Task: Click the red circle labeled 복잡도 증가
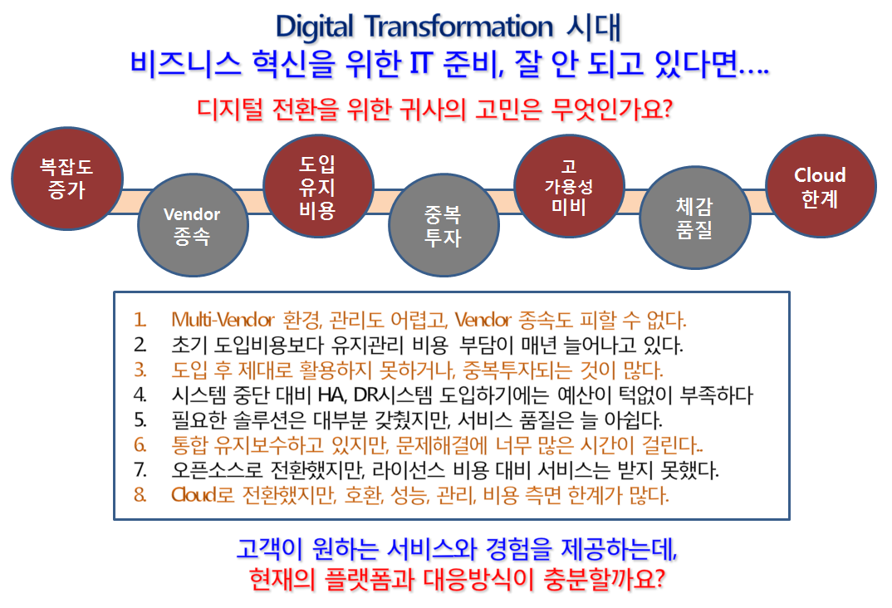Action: tap(67, 179)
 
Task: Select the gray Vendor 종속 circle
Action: tap(193, 225)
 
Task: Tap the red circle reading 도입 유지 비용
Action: tap(318, 187)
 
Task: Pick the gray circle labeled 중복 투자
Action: tap(444, 225)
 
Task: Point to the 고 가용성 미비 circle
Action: tap(569, 187)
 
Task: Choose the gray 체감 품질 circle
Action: tap(694, 218)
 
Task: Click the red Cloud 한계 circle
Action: tap(821, 187)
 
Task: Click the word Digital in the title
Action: tap(315, 27)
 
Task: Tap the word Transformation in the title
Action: tap(458, 27)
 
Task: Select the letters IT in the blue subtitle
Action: tap(422, 63)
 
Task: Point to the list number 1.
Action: tap(140, 320)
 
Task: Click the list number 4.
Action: tap(140, 395)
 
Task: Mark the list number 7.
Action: tap(140, 470)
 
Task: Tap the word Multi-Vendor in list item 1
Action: tap(223, 320)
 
